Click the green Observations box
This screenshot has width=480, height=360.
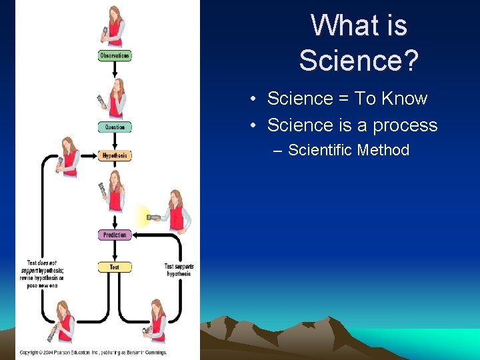click(x=114, y=56)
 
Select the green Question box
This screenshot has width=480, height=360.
click(x=114, y=127)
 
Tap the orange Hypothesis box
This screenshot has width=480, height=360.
click(x=114, y=155)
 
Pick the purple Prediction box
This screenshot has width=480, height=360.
click(x=114, y=235)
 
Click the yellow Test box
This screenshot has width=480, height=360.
click(x=114, y=267)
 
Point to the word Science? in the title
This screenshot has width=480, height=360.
click(x=359, y=61)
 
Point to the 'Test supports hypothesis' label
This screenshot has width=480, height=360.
click(x=179, y=270)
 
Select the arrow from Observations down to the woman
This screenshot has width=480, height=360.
click(x=114, y=69)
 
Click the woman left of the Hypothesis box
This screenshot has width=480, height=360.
click(x=68, y=157)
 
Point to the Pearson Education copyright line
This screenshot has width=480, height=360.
click(x=93, y=352)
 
